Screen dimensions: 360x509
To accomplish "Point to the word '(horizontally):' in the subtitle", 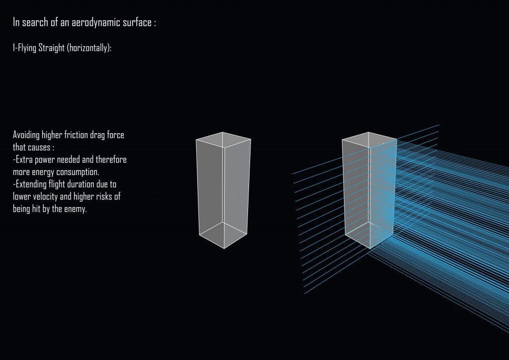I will [x=92, y=48].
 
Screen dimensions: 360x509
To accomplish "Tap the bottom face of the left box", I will [x=223, y=234].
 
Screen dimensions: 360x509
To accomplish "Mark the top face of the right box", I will [x=369, y=140].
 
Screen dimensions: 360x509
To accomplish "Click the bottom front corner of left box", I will [x=224, y=248].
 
